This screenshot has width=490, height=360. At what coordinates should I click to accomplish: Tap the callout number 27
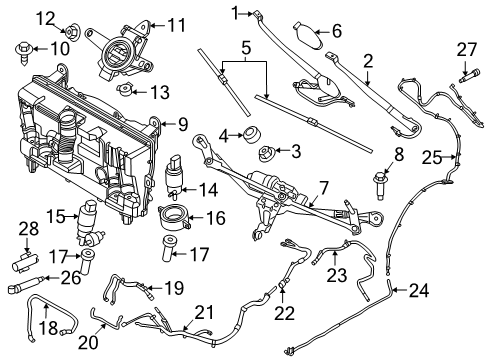tap(467, 49)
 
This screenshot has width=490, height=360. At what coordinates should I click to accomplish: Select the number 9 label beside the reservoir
tap(182, 124)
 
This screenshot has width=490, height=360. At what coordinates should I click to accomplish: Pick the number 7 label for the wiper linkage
tap(323, 187)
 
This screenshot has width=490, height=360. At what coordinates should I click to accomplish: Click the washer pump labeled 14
tap(177, 173)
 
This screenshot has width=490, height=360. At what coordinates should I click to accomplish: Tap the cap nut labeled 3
tap(268, 153)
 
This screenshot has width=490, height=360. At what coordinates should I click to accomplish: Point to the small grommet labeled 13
tap(126, 93)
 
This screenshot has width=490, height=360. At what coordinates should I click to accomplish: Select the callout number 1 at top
tap(237, 12)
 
